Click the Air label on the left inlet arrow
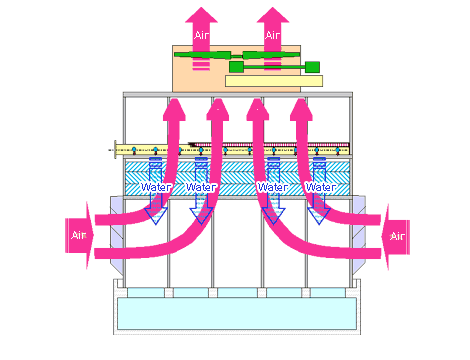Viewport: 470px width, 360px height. (79, 236)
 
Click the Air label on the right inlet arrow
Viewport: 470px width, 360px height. (397, 236)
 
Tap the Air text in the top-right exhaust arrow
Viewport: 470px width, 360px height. (272, 34)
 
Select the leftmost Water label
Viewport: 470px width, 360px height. (156, 187)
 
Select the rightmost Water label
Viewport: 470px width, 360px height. (320, 187)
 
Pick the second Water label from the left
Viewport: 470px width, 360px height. (201, 187)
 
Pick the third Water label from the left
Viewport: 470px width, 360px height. (273, 187)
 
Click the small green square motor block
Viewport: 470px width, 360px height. (312, 67)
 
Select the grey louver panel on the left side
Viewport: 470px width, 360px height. (107, 230)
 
